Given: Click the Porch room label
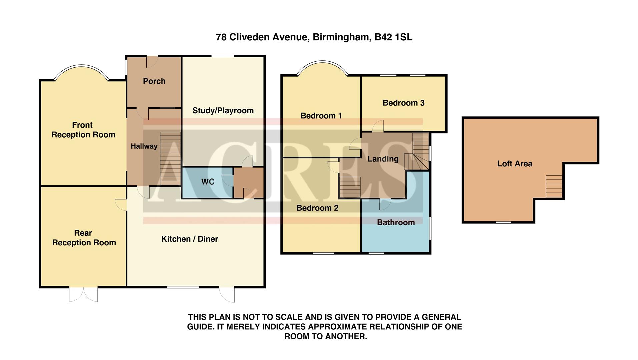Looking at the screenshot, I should pos(154,81).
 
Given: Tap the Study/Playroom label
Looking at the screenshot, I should pos(223,111).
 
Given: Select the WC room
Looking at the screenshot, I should pos(207,182).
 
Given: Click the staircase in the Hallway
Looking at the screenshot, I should pos(170,158).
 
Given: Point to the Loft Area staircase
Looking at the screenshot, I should pos(554,186).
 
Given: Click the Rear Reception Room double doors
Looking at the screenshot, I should pos(83,294).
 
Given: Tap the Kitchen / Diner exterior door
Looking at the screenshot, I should pos(227,294).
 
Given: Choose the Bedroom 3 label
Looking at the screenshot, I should pos(403,103).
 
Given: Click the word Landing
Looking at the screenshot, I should pos(383,159).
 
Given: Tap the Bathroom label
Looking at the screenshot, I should pos(396,223).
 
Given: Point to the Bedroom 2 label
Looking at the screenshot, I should pos(317,208).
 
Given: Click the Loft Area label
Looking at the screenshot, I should pos(514,164).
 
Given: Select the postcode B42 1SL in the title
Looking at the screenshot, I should pos(393,37).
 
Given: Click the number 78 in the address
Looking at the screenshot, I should pos(221,37).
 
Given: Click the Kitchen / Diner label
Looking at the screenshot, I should pos(189,239).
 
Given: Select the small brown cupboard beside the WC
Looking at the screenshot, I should pos(249,183).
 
